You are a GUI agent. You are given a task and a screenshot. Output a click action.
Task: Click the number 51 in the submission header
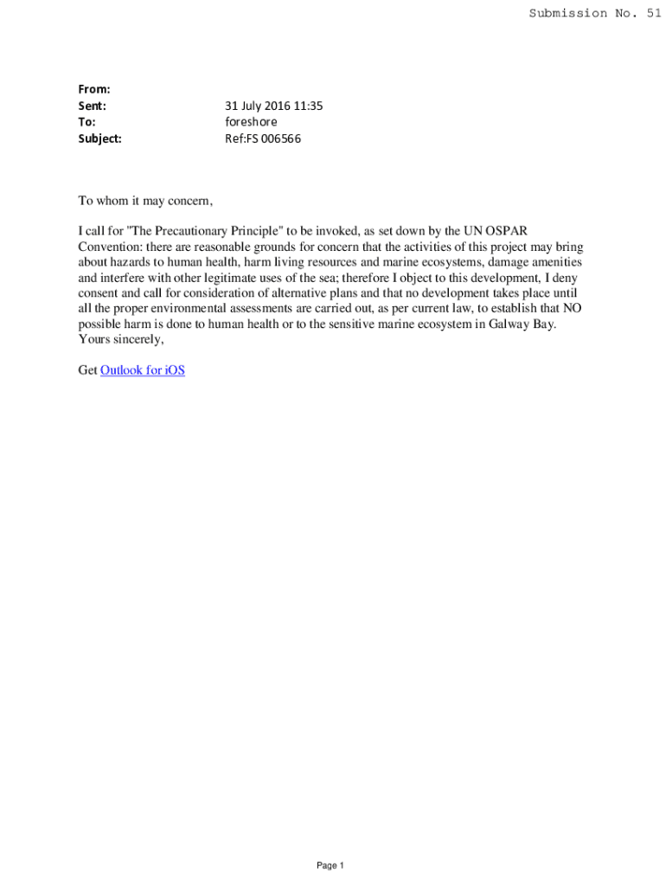pyautogui.click(x=652, y=13)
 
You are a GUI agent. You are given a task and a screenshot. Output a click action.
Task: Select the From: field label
pyautogui.click(x=94, y=89)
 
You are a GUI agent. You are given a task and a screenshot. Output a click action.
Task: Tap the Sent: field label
pyautogui.click(x=93, y=106)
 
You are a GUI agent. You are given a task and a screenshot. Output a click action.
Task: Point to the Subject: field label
pyautogui.click(x=99, y=138)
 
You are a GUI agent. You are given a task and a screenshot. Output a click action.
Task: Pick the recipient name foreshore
pyautogui.click(x=251, y=122)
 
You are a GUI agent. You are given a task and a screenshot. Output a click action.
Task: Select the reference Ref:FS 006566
pyautogui.click(x=263, y=138)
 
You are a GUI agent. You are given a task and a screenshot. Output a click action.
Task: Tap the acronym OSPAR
pyautogui.click(x=507, y=231)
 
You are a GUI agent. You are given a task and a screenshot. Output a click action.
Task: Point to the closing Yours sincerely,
pyautogui.click(x=120, y=340)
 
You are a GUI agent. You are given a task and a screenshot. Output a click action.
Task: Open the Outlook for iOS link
pyautogui.click(x=143, y=371)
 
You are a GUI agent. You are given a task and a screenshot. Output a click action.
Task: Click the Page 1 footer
pyautogui.click(x=330, y=866)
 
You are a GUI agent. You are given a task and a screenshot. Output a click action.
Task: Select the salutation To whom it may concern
pyautogui.click(x=144, y=200)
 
